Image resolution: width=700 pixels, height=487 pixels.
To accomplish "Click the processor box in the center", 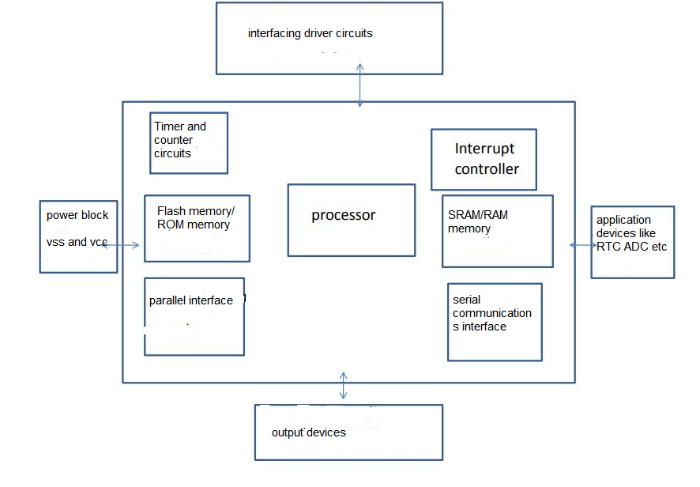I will [351, 220].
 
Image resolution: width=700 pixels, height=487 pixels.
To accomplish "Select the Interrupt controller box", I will [484, 160].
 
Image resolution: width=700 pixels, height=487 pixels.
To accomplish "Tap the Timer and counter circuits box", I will [189, 142].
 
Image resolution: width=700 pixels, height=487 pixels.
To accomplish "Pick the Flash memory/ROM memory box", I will [197, 228].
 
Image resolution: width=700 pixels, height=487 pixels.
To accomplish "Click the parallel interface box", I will [194, 316].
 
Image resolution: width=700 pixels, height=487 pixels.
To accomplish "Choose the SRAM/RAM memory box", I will [497, 231].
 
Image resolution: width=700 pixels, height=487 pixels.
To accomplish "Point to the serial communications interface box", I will [495, 322].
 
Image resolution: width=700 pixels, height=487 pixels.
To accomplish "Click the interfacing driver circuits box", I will [329, 38].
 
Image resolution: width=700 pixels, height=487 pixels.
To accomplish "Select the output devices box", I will [348, 432].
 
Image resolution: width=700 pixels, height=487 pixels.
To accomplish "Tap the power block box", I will [78, 236].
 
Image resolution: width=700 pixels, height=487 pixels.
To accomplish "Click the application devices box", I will [632, 242].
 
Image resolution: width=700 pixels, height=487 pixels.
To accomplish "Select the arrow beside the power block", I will [121, 246].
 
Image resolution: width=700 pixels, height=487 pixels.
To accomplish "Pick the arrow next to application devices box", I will [583, 245].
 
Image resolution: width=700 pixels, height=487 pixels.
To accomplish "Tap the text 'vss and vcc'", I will [77, 242].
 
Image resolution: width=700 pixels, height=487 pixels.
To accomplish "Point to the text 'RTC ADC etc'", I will [631, 247].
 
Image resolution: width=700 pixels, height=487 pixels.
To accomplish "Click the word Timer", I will [169, 126].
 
